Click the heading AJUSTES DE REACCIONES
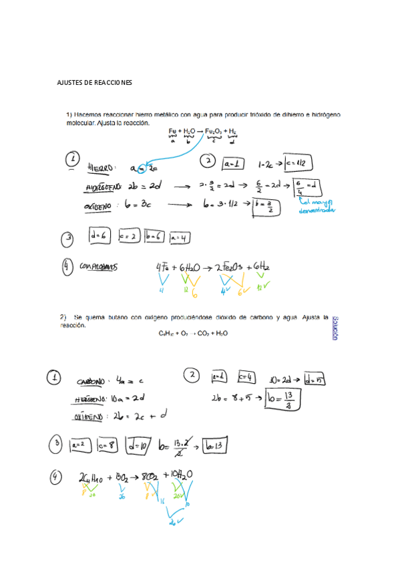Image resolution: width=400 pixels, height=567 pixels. click(95, 83)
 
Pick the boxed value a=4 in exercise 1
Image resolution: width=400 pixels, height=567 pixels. click(179, 237)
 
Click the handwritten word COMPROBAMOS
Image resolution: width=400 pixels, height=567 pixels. click(99, 267)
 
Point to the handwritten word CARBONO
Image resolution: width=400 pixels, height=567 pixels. click(91, 381)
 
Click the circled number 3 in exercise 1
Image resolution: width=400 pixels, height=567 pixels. click(69, 237)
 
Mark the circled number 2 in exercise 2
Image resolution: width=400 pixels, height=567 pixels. click(192, 376)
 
